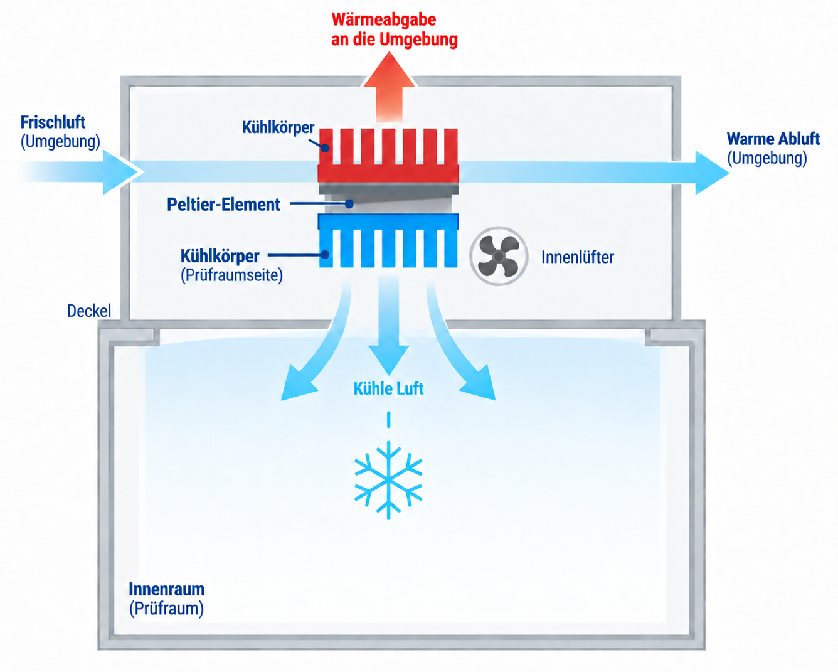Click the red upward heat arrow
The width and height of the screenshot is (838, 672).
pos(389,88)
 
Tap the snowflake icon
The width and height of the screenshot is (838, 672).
pos(388,480)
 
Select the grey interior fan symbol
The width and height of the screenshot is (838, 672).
pos(499,256)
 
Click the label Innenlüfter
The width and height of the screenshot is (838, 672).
pos(578,257)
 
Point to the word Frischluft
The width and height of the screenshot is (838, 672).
pos(53,122)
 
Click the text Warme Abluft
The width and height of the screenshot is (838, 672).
pos(773,139)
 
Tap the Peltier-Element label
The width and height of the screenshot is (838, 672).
pos(223,205)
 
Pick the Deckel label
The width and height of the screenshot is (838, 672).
pos(89,311)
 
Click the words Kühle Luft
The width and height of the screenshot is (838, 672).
pos(388,388)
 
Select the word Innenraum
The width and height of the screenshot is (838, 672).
pos(167,589)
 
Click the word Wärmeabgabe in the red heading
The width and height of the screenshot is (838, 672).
pos(384,19)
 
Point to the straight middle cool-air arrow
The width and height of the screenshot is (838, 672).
pos(388,325)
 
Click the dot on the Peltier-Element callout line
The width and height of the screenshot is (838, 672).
pos(349,204)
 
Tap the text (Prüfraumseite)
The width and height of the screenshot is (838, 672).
pos(231,275)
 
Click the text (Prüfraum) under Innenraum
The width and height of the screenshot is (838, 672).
pos(166,609)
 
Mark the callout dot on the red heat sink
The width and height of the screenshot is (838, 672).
pos(325,148)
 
